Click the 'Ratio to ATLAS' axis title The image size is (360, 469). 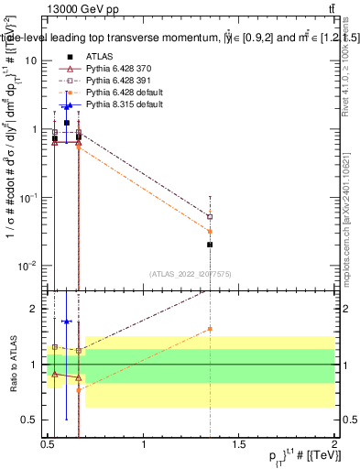tap(14, 364)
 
